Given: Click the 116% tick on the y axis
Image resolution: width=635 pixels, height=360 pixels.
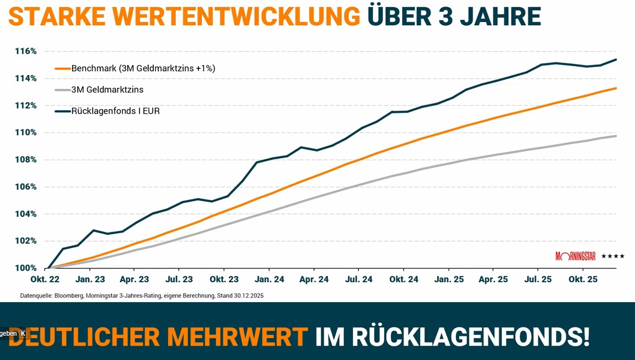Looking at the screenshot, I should click(25, 51).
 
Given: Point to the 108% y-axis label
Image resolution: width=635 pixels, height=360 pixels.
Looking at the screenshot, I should click(25, 160).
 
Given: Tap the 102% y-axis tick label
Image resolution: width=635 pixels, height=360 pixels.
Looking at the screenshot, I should click(25, 241).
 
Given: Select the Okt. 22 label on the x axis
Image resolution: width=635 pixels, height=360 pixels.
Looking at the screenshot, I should click(45, 280).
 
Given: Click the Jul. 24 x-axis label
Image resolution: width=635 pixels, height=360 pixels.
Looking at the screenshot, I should click(359, 280).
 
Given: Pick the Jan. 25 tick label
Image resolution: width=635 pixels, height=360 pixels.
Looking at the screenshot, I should click(449, 280).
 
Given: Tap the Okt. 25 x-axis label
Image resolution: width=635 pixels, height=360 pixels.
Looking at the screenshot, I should click(583, 280).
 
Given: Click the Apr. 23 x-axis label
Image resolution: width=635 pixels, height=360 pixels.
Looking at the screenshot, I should click(134, 280).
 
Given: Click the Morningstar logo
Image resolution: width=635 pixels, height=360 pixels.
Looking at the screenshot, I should click(575, 256).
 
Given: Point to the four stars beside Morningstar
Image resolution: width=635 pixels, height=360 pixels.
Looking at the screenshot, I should click(613, 256).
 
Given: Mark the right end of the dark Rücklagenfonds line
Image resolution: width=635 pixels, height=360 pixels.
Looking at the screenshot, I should click(616, 60).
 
